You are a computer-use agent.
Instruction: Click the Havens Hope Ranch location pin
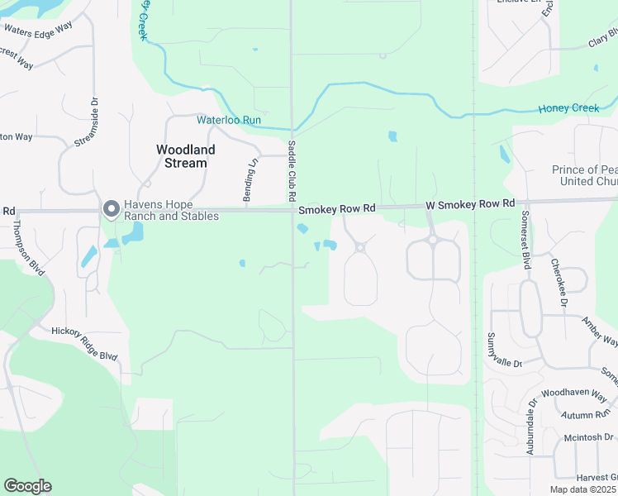[110, 210]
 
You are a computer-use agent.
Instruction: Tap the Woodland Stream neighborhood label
[185, 156]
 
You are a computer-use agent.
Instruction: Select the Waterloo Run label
[229, 120]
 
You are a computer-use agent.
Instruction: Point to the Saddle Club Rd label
[292, 170]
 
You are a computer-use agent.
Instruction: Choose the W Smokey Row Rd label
[470, 203]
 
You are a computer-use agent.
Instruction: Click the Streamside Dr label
[87, 123]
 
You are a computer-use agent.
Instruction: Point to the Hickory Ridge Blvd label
[84, 344]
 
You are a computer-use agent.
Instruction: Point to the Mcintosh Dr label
[589, 436]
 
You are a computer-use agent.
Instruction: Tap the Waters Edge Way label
[38, 28]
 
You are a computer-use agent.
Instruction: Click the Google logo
[27, 486]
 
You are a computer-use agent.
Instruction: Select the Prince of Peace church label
[584, 175]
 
